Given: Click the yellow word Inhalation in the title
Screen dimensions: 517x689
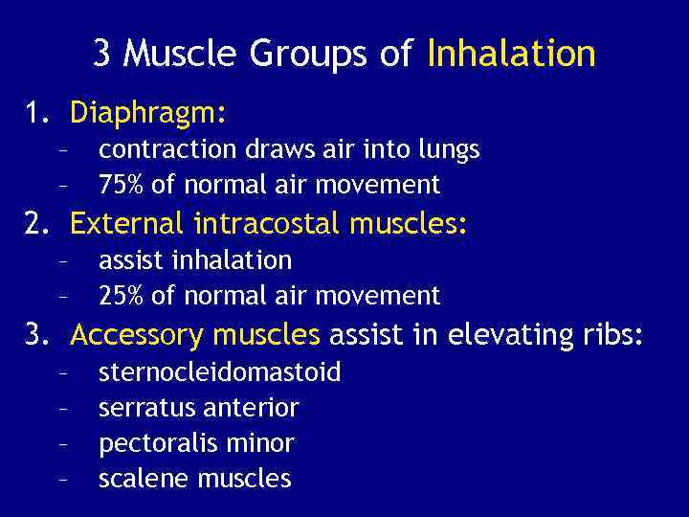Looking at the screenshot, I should pos(511,53).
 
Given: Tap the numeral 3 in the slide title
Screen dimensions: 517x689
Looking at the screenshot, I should pos(101,53).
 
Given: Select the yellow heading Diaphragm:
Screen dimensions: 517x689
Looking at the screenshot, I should pos(148,115).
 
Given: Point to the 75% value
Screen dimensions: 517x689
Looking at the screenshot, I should pos(120,185).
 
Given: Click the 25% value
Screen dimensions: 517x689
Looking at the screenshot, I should pos(120,296).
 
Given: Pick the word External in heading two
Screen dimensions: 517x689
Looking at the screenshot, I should pos(127,225).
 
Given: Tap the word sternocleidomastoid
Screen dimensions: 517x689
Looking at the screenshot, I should pos(219,372).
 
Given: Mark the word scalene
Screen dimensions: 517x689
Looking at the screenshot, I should pos(133,479).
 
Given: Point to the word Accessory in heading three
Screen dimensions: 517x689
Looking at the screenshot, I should pos(137,336).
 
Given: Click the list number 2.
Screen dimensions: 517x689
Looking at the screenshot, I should pos(34,225).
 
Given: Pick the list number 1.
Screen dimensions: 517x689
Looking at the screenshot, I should pos(34,115).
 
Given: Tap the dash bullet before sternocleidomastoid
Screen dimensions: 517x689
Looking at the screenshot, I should pos(61,372).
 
